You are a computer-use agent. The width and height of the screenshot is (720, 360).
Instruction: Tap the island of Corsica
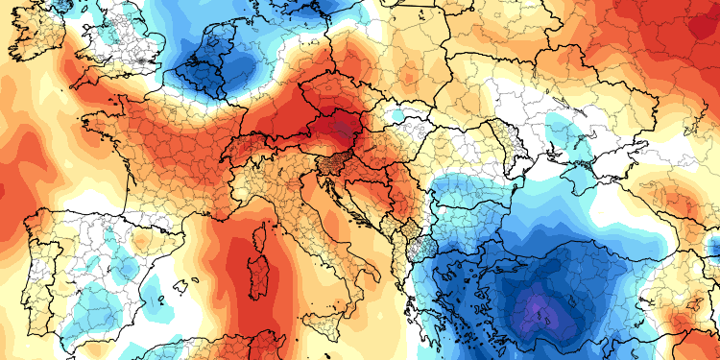(x=262, y=228)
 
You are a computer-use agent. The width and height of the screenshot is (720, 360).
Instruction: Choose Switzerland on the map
(x=252, y=157)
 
